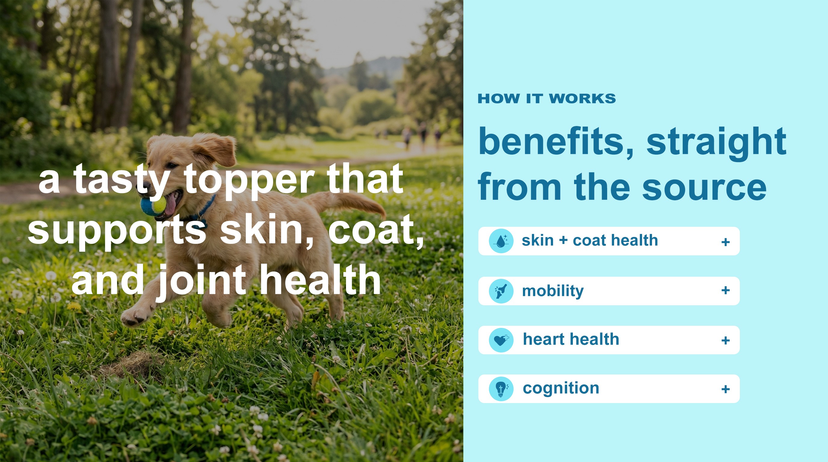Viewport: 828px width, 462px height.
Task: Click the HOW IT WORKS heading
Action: tap(546, 98)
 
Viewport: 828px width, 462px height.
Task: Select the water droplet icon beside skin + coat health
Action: tap(501, 241)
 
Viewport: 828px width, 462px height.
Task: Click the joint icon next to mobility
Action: tap(501, 291)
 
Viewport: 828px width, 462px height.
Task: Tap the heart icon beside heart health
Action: tap(501, 340)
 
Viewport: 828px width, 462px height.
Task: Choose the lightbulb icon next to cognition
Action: tap(501, 389)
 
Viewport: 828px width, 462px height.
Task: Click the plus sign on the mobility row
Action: tap(725, 291)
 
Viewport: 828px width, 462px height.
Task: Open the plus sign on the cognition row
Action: tap(725, 390)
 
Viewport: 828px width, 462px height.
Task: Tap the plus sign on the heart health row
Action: tap(725, 340)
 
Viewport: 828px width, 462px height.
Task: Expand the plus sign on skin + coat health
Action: tap(725, 242)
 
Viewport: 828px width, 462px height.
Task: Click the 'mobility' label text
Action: tap(553, 291)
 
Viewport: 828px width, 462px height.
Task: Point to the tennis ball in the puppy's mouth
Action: tap(153, 206)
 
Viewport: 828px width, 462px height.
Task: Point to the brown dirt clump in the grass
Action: tap(132, 365)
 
